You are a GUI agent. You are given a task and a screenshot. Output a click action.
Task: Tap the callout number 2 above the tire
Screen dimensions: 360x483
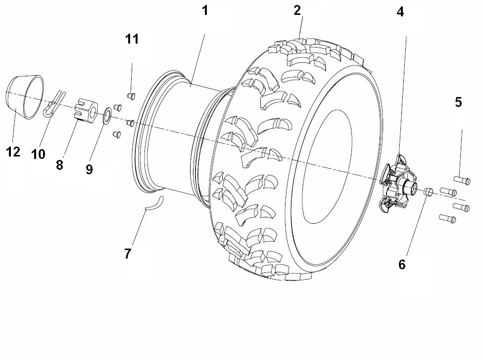pos(297,10)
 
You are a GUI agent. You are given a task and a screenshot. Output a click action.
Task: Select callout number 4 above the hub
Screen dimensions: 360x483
pos(400,12)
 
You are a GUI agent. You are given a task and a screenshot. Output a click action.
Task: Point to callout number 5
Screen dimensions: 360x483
pos(458,102)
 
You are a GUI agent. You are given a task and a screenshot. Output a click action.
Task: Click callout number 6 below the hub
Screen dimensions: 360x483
pos(401,264)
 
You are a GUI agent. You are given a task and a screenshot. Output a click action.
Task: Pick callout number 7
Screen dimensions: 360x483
pos(128,254)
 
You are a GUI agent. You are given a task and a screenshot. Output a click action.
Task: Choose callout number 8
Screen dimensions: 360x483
pos(59,165)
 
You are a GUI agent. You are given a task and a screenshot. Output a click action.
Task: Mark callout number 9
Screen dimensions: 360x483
pos(89,169)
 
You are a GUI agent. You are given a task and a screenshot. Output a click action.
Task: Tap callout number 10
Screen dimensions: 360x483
pos(38,154)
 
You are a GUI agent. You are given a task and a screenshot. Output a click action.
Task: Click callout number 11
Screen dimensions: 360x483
pos(132,40)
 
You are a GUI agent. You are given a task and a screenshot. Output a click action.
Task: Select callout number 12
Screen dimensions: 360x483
pos(13,152)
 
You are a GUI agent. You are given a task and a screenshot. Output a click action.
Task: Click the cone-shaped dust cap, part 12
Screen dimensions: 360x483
pos(24,96)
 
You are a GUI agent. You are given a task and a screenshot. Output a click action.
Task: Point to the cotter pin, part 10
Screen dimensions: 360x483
pos(54,102)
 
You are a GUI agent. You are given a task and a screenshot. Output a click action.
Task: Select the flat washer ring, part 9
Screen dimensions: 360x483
pos(106,116)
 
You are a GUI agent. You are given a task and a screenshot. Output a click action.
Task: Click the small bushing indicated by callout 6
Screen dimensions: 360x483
pos(428,191)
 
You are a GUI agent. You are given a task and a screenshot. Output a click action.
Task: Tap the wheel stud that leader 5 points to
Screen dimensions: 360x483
pos(462,180)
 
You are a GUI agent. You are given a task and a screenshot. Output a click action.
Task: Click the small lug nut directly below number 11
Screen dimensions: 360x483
pos(131,95)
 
